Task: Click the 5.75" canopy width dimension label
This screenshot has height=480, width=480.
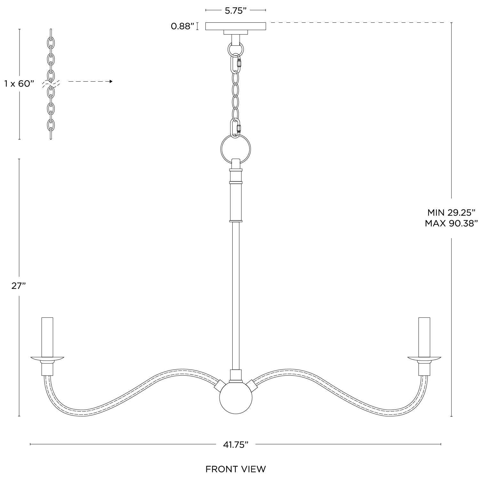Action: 236,11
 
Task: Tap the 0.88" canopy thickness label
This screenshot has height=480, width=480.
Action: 182,26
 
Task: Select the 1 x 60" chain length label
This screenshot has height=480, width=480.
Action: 19,84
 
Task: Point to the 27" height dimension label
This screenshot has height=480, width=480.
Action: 19,286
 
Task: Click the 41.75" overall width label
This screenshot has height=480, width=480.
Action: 236,444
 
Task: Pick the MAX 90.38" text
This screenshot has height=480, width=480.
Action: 451,223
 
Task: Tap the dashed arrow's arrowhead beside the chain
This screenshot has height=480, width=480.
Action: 111,82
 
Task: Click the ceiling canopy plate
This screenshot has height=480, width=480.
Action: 236,26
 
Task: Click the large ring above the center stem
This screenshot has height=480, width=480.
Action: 236,149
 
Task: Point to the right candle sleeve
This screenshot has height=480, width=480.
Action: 424,337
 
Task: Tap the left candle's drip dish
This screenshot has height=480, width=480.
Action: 47,358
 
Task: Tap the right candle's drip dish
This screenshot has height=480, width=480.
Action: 424,358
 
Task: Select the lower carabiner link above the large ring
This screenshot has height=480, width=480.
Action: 236,128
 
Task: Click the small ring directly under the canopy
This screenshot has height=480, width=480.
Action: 236,49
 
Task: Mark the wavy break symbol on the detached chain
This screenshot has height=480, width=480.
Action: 51,84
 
